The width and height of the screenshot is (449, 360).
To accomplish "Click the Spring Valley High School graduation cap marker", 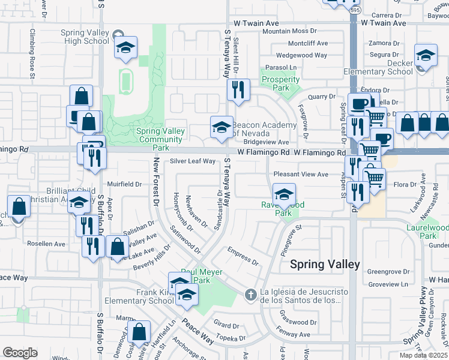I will point(125,47).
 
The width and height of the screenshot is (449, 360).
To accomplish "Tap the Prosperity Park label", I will point(280,83).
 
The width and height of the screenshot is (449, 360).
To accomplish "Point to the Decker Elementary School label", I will point(378,67).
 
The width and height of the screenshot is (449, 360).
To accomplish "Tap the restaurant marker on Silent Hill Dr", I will point(238,90).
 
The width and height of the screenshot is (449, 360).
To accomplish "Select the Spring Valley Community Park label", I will point(159,139).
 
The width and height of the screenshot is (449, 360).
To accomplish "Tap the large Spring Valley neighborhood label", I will point(325,264).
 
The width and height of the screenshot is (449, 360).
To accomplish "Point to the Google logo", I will point(20,353).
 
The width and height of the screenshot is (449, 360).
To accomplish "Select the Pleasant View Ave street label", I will point(301,174).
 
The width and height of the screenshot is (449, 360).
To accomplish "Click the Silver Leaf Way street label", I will point(192,161).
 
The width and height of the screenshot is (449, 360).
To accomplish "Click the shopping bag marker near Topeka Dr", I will point(139,332).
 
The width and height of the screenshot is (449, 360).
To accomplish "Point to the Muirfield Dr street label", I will point(124,184).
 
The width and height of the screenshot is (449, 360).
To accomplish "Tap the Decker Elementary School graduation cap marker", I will point(425,57).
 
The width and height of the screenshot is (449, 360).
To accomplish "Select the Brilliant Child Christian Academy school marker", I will point(79,203).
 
